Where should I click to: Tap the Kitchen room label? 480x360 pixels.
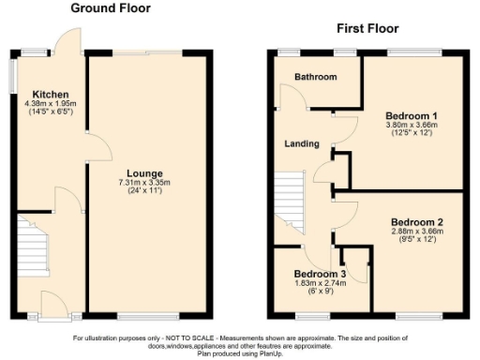pyautogui.click(x=46, y=95)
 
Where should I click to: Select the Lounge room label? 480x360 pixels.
pyautogui.click(x=140, y=173)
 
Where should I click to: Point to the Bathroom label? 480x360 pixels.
pyautogui.click(x=315, y=76)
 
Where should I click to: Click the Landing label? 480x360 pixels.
pyautogui.click(x=303, y=143)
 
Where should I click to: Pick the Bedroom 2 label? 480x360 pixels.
pyautogui.click(x=418, y=223)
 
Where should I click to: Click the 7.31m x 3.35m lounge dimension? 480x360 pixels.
pyautogui.click(x=141, y=182)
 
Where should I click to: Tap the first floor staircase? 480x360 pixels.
pyautogui.click(x=291, y=198)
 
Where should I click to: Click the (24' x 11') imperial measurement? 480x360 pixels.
pyautogui.click(x=141, y=190)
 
